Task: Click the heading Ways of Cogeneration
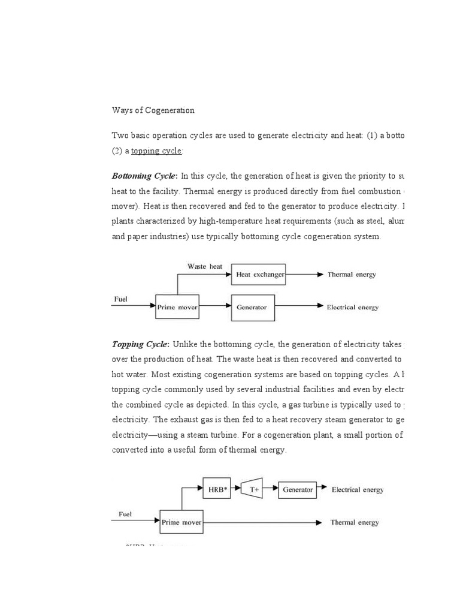(x=153, y=110)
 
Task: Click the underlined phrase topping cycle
(x=156, y=151)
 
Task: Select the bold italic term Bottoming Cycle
(x=144, y=176)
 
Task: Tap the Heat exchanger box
(x=258, y=275)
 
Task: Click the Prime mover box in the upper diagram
(x=177, y=306)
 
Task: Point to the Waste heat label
(x=205, y=266)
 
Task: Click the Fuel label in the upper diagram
(x=120, y=299)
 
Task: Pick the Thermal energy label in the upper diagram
(x=352, y=275)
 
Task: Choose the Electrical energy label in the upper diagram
(x=352, y=307)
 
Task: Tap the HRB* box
(x=217, y=489)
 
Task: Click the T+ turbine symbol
(x=254, y=489)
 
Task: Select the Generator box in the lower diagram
(x=298, y=489)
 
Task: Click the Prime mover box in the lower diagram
(x=181, y=522)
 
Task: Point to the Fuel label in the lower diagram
(x=125, y=514)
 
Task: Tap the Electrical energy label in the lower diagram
(x=358, y=489)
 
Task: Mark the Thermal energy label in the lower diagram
(x=355, y=522)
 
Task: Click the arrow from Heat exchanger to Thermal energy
(x=304, y=275)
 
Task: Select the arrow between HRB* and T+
(x=235, y=489)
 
